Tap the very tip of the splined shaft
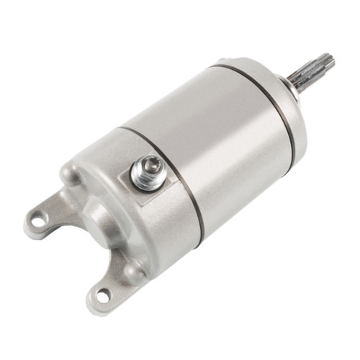tap(330, 60)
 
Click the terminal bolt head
tap(147, 172)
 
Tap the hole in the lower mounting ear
tap(102, 295)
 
